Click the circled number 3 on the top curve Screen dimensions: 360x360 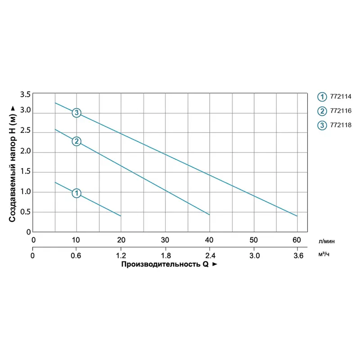76,112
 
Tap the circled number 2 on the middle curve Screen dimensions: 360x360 76,141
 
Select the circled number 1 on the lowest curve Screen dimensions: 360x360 76,193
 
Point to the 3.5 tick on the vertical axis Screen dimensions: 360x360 25,94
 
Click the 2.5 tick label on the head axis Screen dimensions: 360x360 25,131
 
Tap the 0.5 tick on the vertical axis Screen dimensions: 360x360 25,212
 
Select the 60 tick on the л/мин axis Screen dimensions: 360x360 297,239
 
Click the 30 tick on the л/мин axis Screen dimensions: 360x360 165,239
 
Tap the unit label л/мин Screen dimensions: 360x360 326,241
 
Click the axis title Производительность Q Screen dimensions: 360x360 165,265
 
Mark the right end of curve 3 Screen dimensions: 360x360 297,216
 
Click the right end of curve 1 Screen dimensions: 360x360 121,216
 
